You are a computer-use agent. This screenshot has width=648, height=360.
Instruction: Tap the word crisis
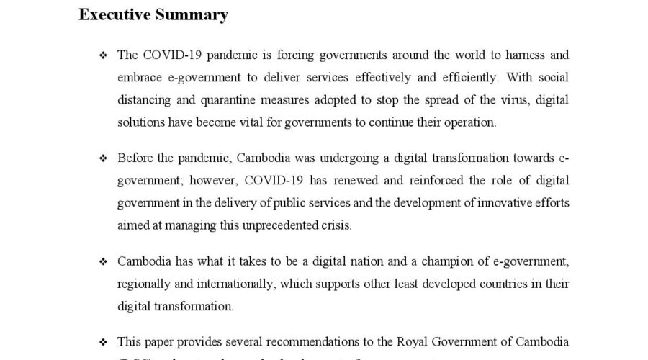334,225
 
